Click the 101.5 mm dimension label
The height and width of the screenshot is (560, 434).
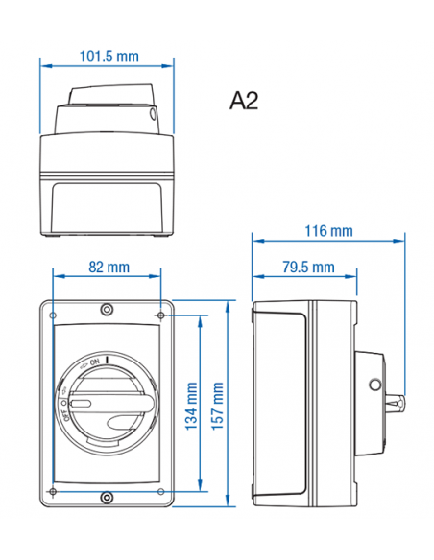point(108,57)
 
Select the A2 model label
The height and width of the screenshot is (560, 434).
point(245,101)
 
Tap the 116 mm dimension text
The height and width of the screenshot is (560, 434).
point(327,230)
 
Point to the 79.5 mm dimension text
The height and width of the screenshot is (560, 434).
point(309,267)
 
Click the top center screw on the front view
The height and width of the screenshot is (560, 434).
point(107,309)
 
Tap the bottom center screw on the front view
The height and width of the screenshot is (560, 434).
point(107,496)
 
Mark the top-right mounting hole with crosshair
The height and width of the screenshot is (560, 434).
point(160,313)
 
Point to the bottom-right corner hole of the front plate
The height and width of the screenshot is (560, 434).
point(160,491)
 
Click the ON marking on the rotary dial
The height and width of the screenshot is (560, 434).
point(94,362)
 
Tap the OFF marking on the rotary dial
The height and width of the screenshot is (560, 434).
point(66,413)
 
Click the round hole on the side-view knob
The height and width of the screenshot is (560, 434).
point(374,385)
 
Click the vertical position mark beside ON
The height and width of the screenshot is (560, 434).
point(108,361)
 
